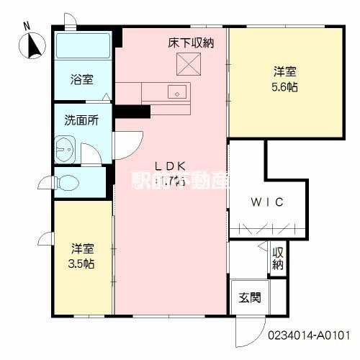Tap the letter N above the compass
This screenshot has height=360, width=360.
click(x=27, y=26)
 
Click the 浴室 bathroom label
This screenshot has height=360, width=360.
click(x=81, y=80)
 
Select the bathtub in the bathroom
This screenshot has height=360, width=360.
click(x=82, y=49)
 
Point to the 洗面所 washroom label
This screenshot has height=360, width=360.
click(x=81, y=121)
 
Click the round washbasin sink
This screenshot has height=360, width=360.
click(x=63, y=152)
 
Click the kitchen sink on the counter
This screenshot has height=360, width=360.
click(x=176, y=91)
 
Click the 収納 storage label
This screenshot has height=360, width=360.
click(x=277, y=260)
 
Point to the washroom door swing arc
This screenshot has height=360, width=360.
click(x=91, y=152)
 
